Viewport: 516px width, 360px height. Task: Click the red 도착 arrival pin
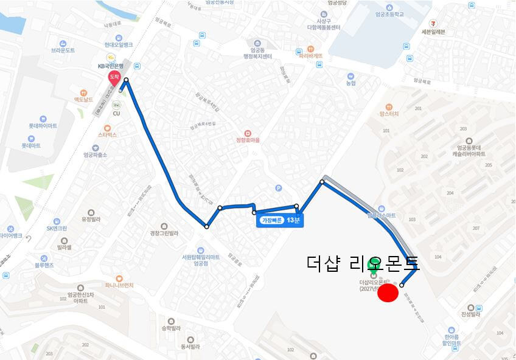tap(113, 78)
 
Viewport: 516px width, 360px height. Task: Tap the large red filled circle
tap(388, 293)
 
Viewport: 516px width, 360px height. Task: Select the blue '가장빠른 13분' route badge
tap(280, 220)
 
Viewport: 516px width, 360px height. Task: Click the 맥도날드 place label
tap(83, 99)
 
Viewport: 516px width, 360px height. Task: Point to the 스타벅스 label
tap(107, 134)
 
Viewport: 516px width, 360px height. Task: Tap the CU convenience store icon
tap(116, 105)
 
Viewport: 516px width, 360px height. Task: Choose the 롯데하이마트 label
tap(43, 125)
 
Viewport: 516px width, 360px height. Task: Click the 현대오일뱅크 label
tap(118, 44)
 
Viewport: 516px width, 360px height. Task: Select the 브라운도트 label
tap(63, 50)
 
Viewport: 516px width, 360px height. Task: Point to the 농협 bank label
tap(350, 83)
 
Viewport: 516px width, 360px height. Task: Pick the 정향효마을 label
tap(248, 140)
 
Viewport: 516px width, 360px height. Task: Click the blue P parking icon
tap(279, 188)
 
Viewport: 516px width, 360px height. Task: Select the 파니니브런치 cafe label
tap(124, 285)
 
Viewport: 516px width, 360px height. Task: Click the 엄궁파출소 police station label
tap(95, 154)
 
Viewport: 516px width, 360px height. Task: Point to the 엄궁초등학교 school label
tap(389, 13)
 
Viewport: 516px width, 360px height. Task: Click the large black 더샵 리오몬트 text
tap(363, 263)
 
